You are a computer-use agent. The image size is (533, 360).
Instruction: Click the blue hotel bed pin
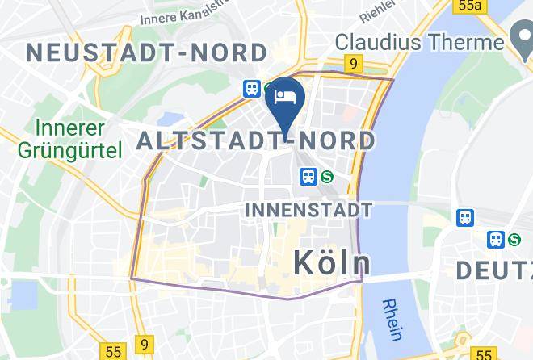(x=284, y=98)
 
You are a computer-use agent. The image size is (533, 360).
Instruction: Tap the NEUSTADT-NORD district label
(x=147, y=53)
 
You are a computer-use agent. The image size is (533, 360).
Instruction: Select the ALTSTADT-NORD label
(x=256, y=141)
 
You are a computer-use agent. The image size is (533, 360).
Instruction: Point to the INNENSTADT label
(x=308, y=211)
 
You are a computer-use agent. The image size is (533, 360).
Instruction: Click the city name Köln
(x=331, y=262)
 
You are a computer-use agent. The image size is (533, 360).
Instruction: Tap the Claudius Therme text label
(x=419, y=41)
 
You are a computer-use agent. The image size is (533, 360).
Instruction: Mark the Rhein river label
(x=395, y=319)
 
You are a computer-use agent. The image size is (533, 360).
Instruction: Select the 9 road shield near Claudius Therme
(x=353, y=62)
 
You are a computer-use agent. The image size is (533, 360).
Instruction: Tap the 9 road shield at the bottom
(x=144, y=345)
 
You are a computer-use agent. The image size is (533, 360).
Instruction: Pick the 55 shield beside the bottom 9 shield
(x=113, y=352)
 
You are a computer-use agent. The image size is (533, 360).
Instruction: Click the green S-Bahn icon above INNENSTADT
(x=328, y=176)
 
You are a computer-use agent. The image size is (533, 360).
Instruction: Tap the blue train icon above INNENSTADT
(x=308, y=176)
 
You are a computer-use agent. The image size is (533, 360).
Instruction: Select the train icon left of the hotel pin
(x=252, y=89)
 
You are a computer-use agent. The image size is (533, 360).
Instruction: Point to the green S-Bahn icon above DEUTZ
(x=514, y=240)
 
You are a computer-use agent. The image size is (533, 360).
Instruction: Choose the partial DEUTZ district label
(x=493, y=270)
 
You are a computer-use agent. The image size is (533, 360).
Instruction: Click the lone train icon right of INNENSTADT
(x=465, y=217)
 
